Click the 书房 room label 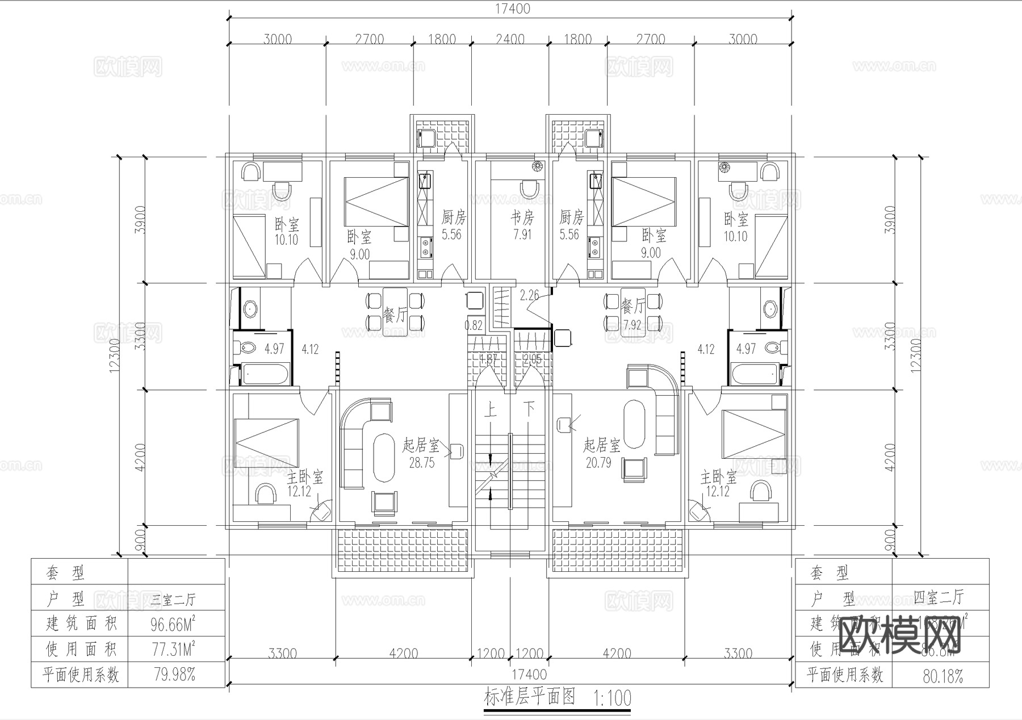522,217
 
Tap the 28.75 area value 421,463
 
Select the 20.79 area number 598,463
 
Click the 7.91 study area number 522,234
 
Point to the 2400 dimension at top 510,39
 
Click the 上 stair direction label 490,409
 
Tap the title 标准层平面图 530,697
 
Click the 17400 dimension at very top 512,9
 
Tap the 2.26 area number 529,295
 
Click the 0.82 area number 474,325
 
